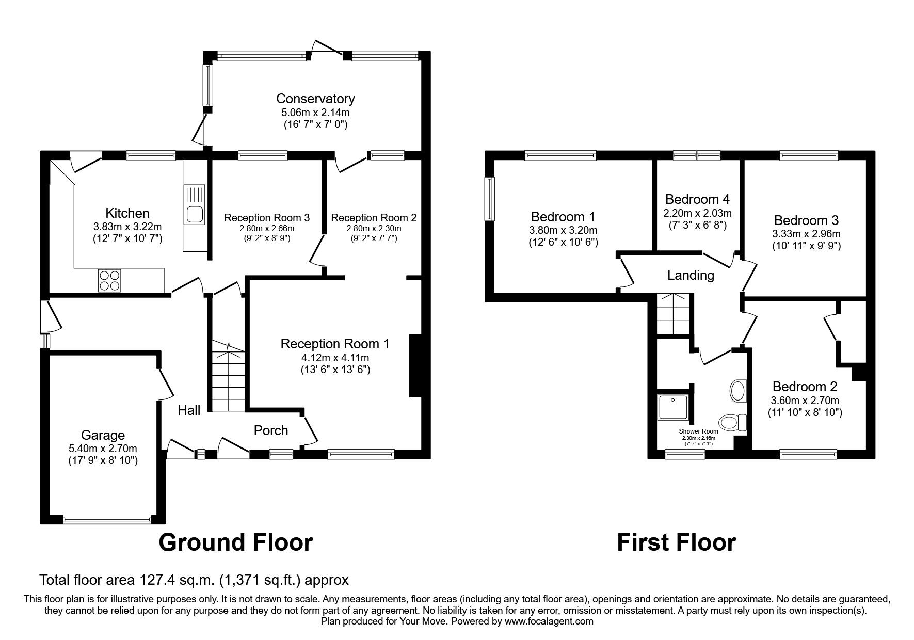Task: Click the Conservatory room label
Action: [315, 99]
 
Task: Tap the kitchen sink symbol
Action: [194, 204]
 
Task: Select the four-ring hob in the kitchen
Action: [109, 281]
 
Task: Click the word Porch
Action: [271, 430]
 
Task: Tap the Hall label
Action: [189, 411]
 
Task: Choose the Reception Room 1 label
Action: [335, 344]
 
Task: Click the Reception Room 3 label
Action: [267, 218]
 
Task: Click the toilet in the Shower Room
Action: [732, 423]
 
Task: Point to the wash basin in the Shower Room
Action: [738, 391]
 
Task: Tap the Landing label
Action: [691, 275]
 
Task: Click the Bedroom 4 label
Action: [697, 199]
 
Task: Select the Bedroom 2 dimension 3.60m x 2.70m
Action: [805, 400]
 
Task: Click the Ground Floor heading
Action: [235, 542]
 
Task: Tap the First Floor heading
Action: [676, 542]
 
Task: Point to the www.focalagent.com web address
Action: [549, 621]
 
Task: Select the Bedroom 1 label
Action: [563, 216]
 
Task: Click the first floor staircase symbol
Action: [673, 314]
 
